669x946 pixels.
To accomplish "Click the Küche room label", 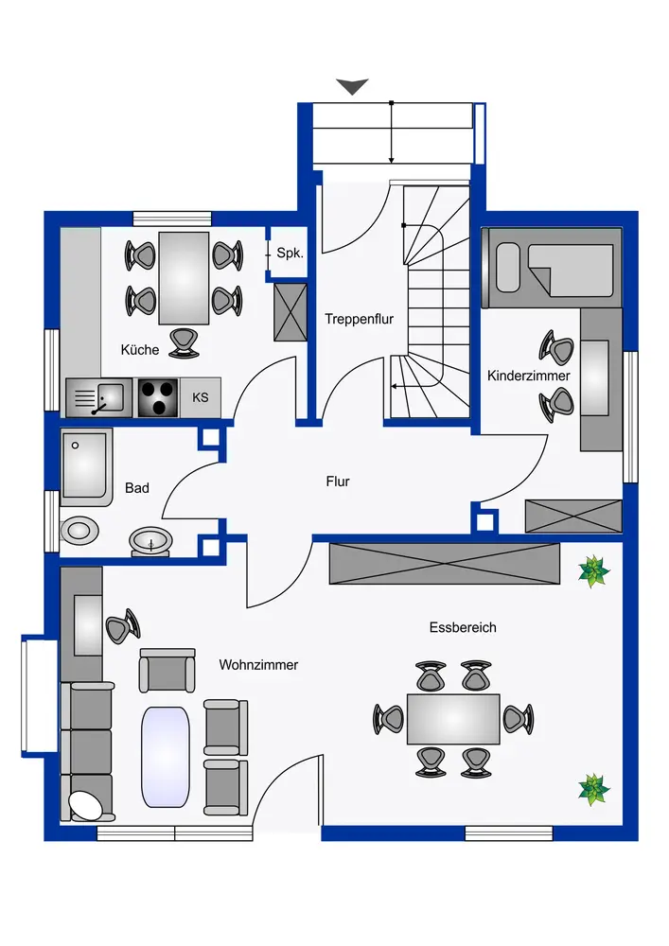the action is click(x=140, y=350).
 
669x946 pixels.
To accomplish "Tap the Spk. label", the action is click(x=290, y=254).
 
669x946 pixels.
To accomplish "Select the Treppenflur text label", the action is click(x=359, y=320).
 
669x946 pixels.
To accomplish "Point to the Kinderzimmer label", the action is click(x=529, y=376).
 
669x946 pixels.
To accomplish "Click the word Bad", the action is click(x=137, y=488).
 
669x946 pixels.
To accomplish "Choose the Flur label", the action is click(x=338, y=482).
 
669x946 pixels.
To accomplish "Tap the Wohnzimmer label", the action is click(x=258, y=665).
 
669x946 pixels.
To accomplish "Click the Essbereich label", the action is click(x=463, y=627).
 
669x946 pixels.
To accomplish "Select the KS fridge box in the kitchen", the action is click(x=201, y=397).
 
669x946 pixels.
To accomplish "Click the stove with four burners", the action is click(x=158, y=397).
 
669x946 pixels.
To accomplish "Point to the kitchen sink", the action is click(x=97, y=397).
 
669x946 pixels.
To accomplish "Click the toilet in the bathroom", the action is click(x=150, y=541).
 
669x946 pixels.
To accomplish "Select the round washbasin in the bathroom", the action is click(x=78, y=530).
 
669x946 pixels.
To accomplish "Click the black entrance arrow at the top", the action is click(x=352, y=86).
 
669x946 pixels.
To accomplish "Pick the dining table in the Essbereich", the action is click(x=453, y=718).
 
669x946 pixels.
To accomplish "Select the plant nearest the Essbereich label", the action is click(x=593, y=570).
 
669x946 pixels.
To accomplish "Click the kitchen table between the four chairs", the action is click(x=184, y=278).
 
